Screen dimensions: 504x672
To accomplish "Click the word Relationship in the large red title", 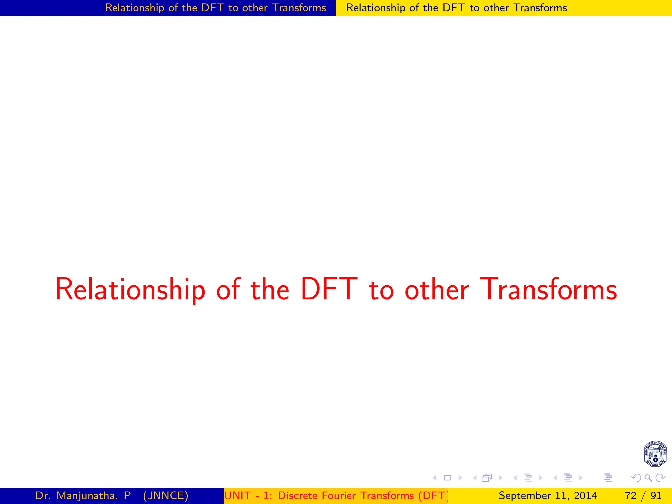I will [130, 289].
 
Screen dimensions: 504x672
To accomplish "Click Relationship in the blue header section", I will [135, 8].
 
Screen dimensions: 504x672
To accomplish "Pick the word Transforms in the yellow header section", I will [540, 8].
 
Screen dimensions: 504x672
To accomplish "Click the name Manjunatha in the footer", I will [87, 495].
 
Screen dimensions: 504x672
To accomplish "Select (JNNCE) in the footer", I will [166, 495].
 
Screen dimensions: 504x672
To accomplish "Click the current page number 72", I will [630, 495].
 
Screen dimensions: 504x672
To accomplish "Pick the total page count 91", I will [656, 495].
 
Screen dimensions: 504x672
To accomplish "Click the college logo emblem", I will [655, 453].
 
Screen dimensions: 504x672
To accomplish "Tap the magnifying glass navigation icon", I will [648, 478].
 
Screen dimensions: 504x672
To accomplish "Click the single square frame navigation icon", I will [447, 478].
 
